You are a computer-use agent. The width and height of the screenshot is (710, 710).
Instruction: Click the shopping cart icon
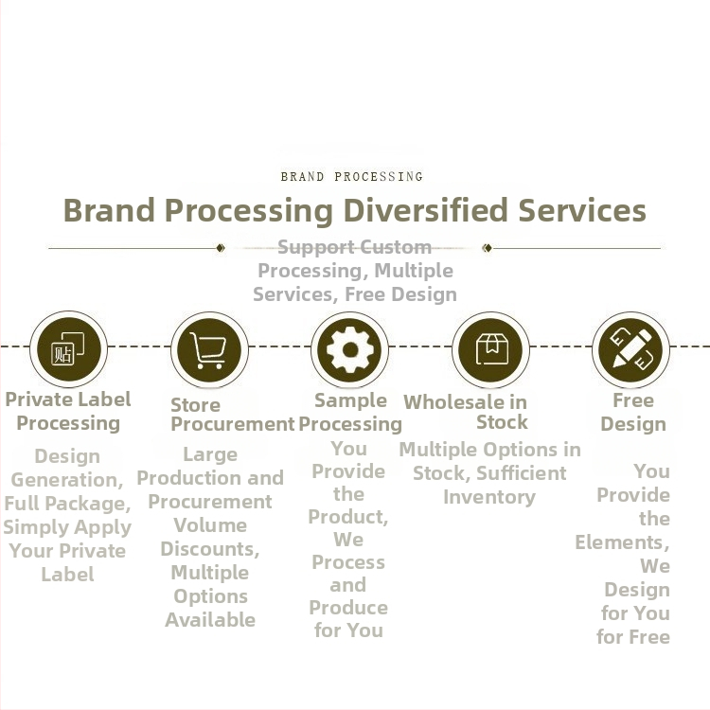click(x=209, y=350)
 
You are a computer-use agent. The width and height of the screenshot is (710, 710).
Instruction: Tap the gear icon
click(x=350, y=349)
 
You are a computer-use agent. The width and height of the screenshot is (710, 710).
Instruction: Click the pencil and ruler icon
click(x=631, y=347)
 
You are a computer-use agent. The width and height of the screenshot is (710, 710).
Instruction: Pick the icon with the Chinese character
click(x=67, y=349)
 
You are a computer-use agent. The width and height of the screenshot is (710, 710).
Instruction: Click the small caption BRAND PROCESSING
click(x=352, y=177)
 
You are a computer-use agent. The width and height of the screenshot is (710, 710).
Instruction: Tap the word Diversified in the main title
click(x=425, y=210)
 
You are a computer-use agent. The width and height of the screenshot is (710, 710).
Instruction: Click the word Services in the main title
click(x=582, y=210)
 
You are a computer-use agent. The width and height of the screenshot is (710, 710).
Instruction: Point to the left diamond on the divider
click(x=221, y=248)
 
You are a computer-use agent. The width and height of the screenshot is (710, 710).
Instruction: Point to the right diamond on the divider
click(x=487, y=248)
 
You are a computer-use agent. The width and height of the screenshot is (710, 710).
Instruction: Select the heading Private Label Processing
click(x=68, y=411)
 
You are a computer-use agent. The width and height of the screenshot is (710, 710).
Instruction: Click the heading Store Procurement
click(x=232, y=415)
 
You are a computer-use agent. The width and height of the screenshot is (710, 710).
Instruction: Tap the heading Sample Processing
click(x=350, y=413)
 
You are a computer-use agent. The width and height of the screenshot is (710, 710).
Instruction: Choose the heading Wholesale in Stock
click(x=466, y=412)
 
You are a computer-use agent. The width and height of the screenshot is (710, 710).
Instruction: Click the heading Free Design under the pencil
click(x=633, y=412)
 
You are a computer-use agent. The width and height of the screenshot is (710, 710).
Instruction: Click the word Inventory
click(x=489, y=497)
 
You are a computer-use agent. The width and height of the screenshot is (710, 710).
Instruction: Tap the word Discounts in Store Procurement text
click(x=210, y=549)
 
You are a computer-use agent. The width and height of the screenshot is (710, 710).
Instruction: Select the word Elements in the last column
click(x=622, y=542)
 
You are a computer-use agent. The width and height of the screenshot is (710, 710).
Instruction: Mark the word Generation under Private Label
click(x=66, y=480)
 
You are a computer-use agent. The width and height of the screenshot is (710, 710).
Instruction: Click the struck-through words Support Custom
click(x=354, y=247)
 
